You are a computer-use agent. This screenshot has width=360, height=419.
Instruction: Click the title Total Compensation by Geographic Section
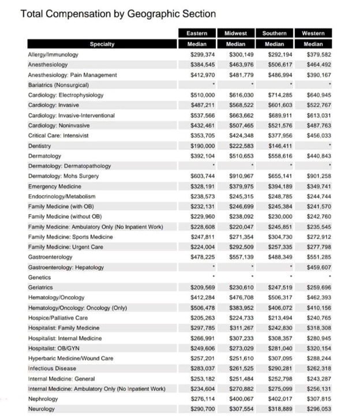click(118, 14)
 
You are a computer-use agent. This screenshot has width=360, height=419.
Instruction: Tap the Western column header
click(313, 33)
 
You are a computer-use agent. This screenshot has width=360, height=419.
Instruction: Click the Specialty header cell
click(102, 44)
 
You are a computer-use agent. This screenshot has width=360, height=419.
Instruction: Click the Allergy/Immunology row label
click(53, 54)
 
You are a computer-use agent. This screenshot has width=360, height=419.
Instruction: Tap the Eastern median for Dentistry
click(202, 146)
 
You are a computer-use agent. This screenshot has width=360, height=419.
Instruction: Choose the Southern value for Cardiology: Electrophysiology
click(280, 95)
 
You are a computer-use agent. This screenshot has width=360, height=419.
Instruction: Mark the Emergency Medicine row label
click(55, 186)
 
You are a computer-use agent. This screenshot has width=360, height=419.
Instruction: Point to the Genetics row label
click(40, 278)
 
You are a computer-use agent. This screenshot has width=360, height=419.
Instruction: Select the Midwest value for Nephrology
click(242, 399)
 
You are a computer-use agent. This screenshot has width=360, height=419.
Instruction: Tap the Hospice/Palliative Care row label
click(58, 318)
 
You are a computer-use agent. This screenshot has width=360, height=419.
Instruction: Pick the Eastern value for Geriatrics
click(202, 287)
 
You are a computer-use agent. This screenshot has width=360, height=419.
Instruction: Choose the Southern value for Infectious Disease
click(280, 368)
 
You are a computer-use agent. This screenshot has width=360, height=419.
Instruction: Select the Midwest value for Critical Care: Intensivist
click(242, 136)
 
